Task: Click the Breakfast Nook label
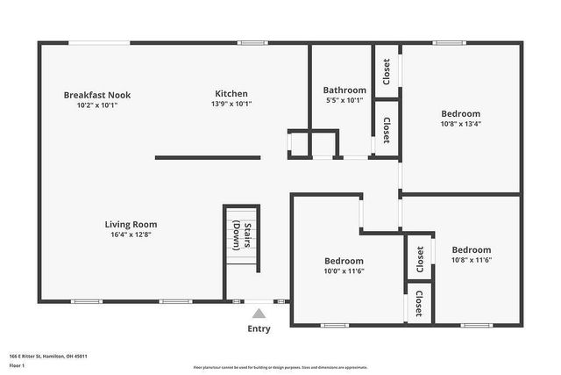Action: [97, 95]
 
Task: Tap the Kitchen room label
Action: [231, 94]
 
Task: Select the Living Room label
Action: [131, 224]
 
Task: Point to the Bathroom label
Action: [344, 90]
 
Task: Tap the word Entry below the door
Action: [259, 329]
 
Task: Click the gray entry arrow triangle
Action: [259, 313]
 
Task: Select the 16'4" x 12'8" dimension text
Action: [131, 234]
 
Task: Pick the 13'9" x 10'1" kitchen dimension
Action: [231, 105]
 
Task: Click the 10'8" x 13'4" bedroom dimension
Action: [460, 124]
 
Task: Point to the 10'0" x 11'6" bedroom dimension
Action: [344, 271]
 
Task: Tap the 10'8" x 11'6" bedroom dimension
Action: [472, 260]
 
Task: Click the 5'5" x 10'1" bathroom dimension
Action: [344, 100]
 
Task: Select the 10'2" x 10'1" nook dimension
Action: [97, 105]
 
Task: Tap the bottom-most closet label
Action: [419, 303]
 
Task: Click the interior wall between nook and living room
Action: [208, 158]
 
